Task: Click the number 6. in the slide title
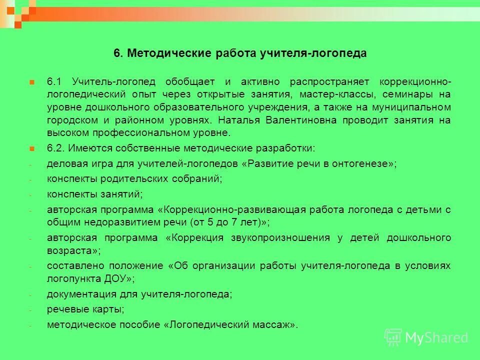click(118, 53)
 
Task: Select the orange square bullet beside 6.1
click(31, 81)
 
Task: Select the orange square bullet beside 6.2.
click(31, 148)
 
